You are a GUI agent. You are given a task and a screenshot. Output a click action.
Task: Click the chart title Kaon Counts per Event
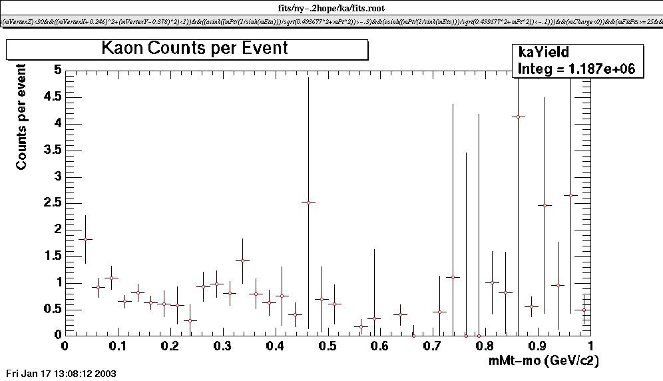click(x=195, y=49)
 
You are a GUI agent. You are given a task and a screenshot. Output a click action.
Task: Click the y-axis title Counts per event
click(x=22, y=117)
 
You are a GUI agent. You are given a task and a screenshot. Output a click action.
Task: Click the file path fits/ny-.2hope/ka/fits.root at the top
click(x=331, y=7)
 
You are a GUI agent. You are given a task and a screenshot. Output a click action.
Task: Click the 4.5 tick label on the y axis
click(x=52, y=97)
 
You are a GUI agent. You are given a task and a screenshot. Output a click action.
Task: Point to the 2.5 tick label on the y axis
click(x=52, y=202)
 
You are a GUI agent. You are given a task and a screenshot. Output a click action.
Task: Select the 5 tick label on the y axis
click(x=58, y=70)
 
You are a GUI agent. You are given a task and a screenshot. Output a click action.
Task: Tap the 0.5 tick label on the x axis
click(x=328, y=346)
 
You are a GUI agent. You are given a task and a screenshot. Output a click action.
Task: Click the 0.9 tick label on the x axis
click(x=538, y=346)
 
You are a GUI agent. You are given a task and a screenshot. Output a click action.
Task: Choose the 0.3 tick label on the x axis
click(x=222, y=346)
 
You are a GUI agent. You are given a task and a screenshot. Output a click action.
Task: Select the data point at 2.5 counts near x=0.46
click(x=308, y=202)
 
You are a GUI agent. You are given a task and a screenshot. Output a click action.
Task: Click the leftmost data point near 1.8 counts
click(x=85, y=239)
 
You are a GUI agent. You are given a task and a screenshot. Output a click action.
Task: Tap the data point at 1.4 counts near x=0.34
click(x=242, y=260)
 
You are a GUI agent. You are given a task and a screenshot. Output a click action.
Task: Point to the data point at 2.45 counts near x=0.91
click(x=545, y=205)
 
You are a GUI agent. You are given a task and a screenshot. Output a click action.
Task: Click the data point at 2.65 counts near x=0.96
click(x=570, y=195)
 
